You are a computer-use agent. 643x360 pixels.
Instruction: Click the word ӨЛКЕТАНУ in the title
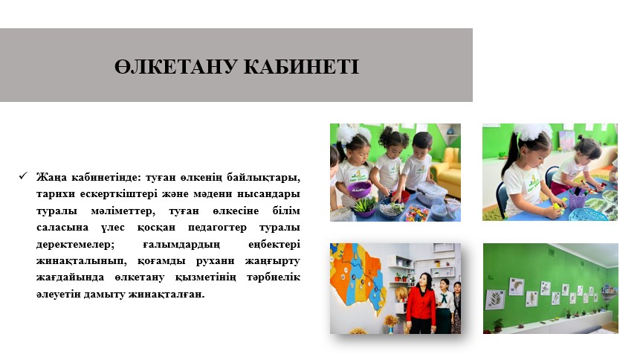coord(176,66)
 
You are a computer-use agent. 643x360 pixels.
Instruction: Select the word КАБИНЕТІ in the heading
coord(301,66)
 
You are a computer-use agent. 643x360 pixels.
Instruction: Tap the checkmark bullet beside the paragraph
coord(22,176)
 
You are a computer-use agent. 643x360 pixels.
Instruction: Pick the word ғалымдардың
coord(181,244)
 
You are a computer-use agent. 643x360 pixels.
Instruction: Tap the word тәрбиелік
coord(273,277)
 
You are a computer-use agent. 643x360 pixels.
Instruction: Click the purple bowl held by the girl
coord(359,190)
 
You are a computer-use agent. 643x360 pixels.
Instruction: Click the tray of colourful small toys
coord(415,213)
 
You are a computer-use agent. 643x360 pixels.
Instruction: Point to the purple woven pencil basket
coord(577,200)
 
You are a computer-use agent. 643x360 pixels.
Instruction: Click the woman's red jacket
coord(421,303)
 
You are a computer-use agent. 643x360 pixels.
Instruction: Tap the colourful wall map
coord(359,280)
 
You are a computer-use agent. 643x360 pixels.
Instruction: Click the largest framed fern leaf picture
coord(495,299)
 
